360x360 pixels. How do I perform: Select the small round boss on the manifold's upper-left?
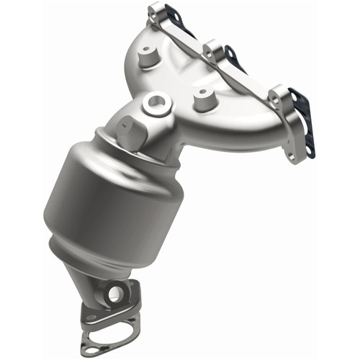148,55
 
